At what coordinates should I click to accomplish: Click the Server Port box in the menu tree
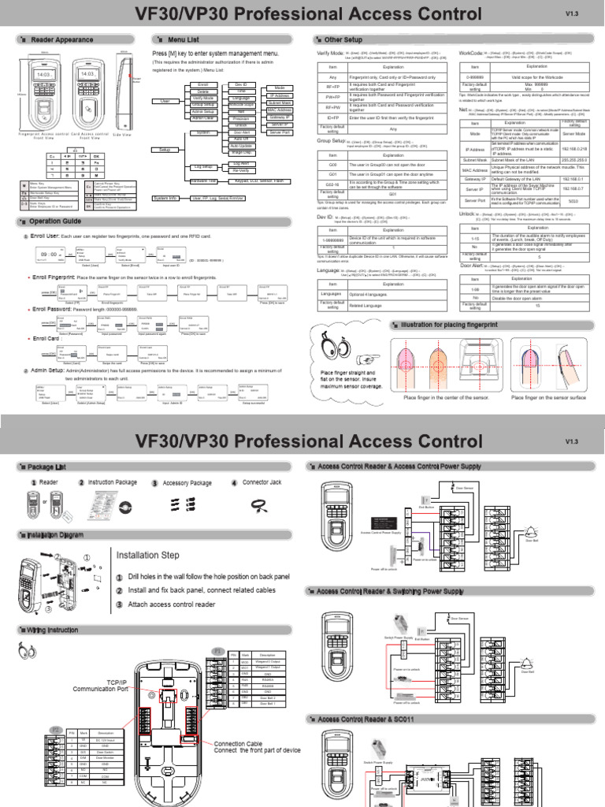click(280, 132)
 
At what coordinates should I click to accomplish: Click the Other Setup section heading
click(347, 39)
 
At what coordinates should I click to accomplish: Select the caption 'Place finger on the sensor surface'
click(548, 398)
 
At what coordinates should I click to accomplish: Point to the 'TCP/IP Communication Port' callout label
click(122, 686)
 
